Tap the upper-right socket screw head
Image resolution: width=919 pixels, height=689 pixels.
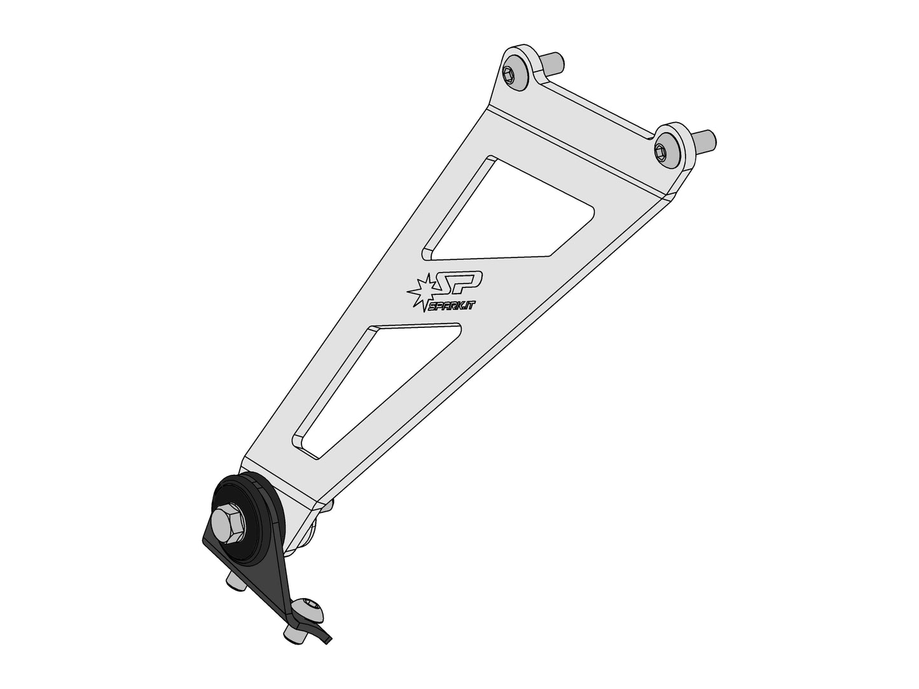click(663, 150)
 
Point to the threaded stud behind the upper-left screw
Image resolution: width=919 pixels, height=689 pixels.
click(552, 63)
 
